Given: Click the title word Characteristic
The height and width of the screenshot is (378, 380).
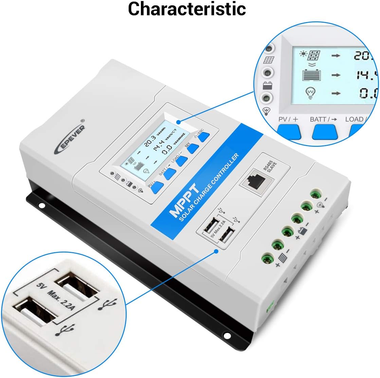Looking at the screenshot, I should [187, 9].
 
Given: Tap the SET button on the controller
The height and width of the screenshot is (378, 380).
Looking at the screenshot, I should [193, 148].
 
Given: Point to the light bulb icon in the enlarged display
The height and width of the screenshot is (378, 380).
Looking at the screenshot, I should [310, 93].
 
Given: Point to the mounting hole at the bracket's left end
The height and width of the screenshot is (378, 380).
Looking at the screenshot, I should [41, 205].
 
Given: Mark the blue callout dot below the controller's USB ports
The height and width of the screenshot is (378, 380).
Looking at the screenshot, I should [216, 251].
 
